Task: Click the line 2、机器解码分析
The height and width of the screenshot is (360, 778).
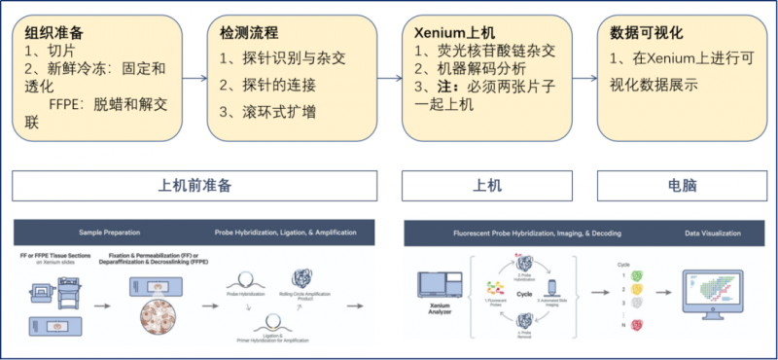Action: coord(471,69)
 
